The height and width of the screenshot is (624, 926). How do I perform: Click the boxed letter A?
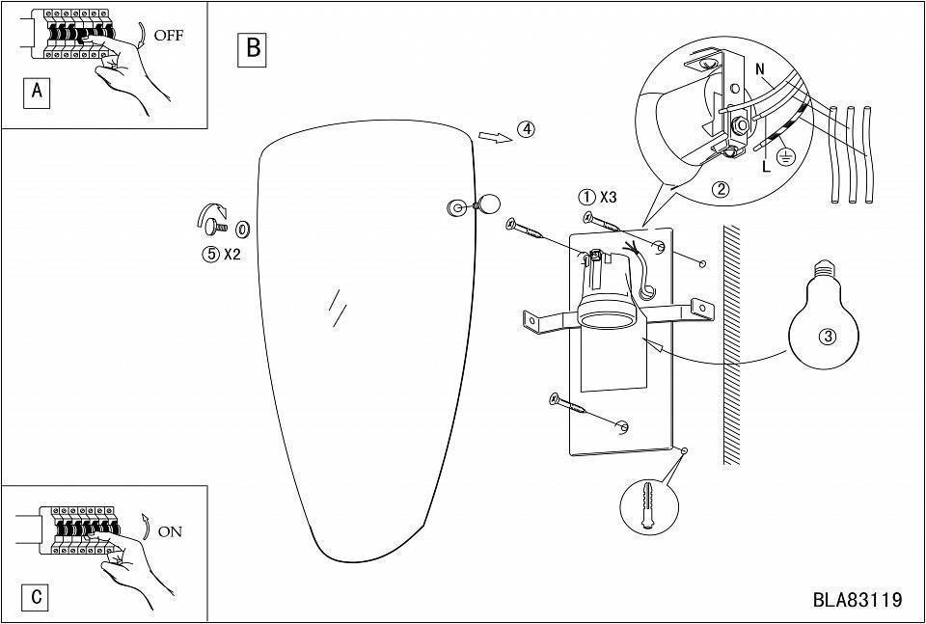click(37, 92)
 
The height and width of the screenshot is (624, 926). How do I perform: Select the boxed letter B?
click(253, 48)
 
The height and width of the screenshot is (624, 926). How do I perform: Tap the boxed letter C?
click(37, 597)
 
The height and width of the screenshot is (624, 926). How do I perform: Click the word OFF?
click(168, 36)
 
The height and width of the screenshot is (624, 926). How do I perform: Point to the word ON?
click(170, 532)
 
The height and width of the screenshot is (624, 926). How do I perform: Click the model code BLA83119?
click(858, 600)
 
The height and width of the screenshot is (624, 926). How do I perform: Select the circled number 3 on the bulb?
click(828, 338)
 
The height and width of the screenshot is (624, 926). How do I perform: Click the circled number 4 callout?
click(526, 129)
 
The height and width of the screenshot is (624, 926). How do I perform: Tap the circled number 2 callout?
click(720, 189)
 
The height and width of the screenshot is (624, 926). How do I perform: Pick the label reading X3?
click(608, 197)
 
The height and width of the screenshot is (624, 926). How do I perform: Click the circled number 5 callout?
click(210, 255)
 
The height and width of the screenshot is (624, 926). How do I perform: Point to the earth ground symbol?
click(785, 156)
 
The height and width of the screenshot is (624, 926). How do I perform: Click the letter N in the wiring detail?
click(760, 69)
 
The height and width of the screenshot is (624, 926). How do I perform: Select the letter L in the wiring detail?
click(767, 167)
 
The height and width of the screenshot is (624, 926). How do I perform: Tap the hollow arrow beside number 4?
click(495, 137)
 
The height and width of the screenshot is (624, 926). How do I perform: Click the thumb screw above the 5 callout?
click(216, 225)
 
